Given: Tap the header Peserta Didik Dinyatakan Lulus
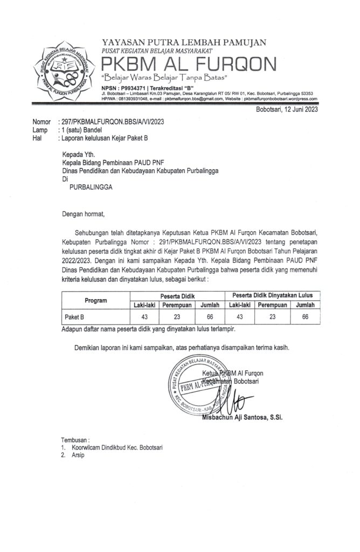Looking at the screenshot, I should [x=276, y=295].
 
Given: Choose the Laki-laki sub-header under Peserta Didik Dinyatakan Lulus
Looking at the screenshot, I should [x=239, y=305].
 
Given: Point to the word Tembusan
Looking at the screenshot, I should [x=75, y=439].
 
